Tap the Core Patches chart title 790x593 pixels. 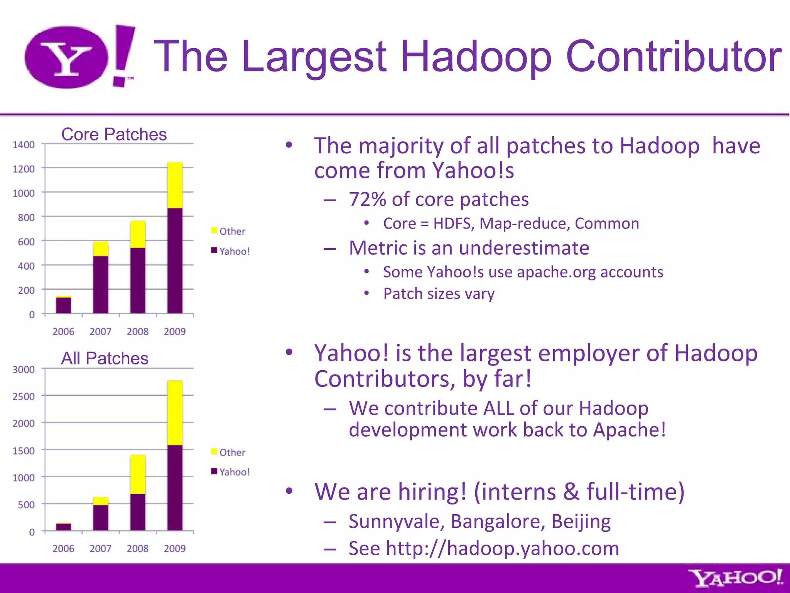click(114, 134)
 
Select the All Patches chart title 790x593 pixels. click(105, 358)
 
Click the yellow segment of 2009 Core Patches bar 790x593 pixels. click(175, 185)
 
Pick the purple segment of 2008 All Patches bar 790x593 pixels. click(138, 512)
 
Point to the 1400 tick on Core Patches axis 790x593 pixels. click(24, 145)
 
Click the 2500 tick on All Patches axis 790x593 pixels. click(24, 396)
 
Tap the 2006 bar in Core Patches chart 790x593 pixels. click(63, 305)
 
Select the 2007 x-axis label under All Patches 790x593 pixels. click(100, 549)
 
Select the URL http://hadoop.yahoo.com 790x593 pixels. click(502, 548)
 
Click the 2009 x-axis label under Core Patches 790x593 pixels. click(175, 332)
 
